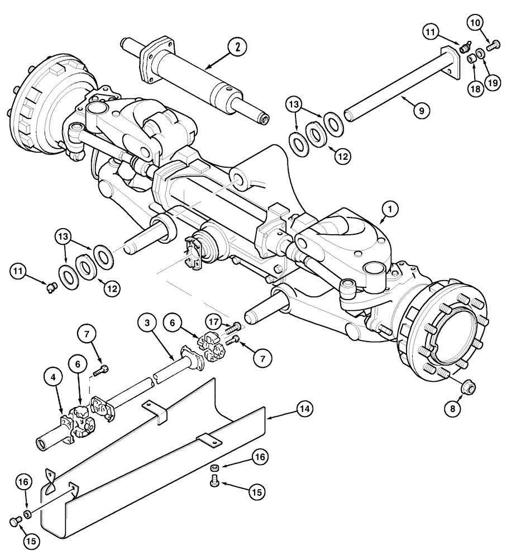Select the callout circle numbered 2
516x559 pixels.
click(237, 48)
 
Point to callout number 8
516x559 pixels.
click(453, 409)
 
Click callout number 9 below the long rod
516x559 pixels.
click(422, 111)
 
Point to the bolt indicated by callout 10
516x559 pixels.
click(492, 48)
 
